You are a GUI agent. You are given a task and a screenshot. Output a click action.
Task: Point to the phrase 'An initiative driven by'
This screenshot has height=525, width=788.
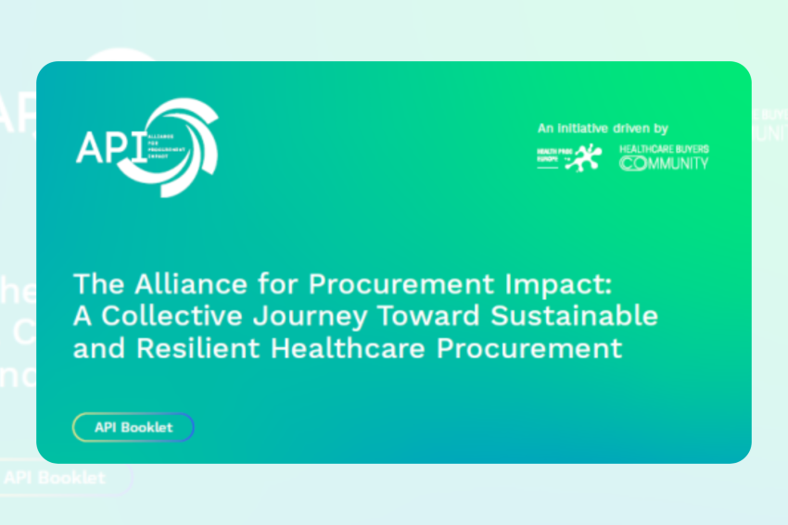click(603, 129)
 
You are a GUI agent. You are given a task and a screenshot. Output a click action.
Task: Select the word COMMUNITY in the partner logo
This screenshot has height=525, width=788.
click(664, 164)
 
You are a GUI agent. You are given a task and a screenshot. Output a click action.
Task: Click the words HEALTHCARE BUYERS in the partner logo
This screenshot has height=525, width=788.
click(664, 148)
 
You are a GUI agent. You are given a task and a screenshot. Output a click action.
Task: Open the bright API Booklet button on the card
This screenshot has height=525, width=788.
click(133, 427)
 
